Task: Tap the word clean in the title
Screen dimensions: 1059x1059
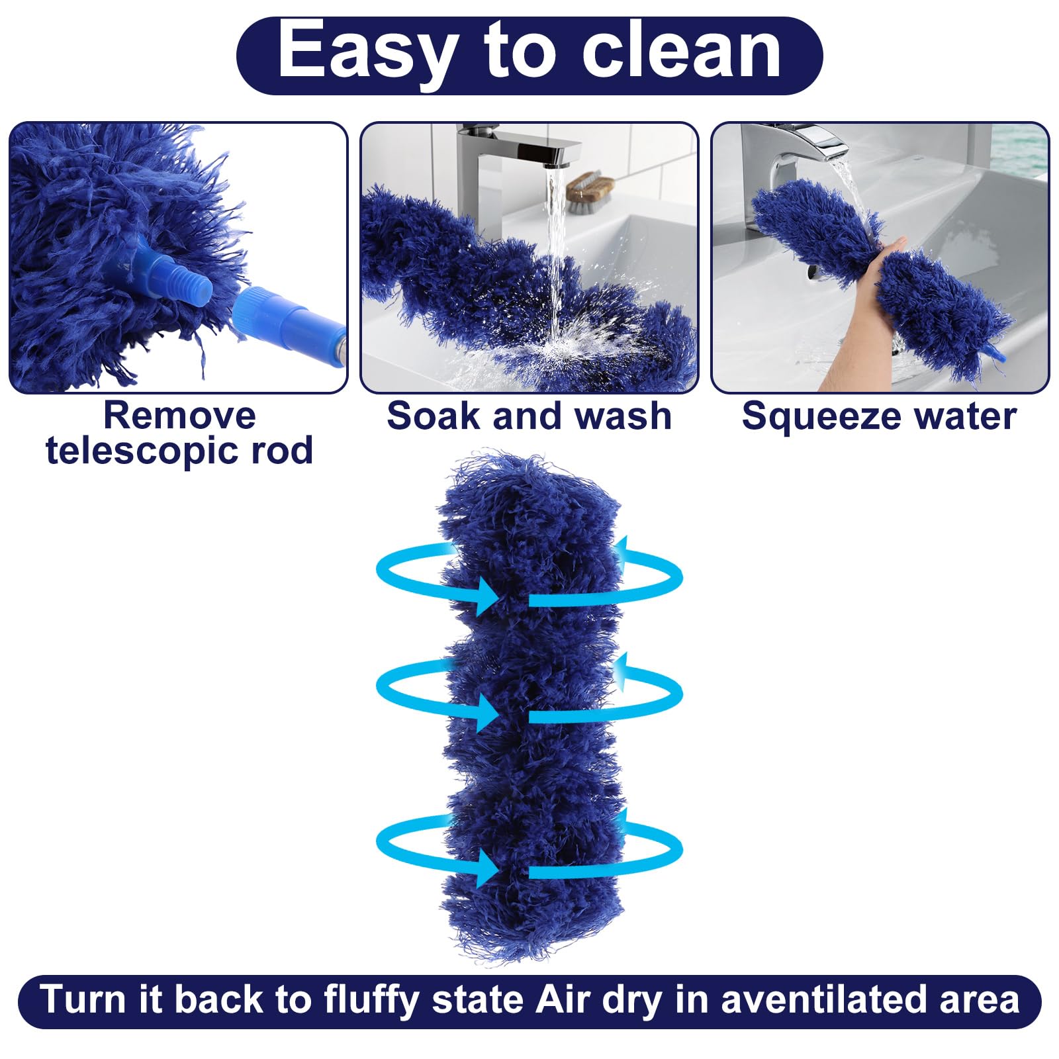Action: pos(681,52)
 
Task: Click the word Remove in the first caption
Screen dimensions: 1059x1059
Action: pos(179,416)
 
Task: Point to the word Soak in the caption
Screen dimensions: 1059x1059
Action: pos(433,416)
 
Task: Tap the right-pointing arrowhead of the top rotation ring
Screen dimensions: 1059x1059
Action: pos(486,594)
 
